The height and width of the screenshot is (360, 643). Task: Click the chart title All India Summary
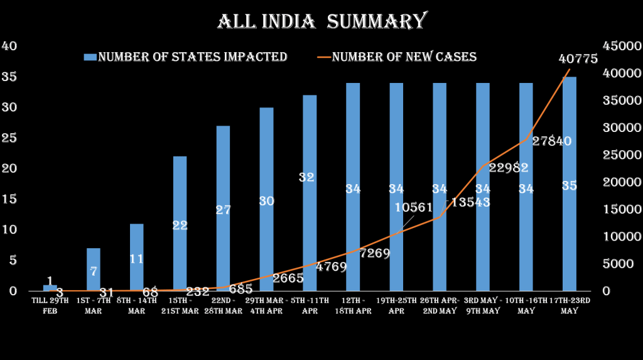(321, 21)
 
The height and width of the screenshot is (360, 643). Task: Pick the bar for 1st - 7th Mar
(93, 270)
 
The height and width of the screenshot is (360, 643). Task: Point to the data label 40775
(578, 59)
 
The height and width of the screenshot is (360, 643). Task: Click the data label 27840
(551, 141)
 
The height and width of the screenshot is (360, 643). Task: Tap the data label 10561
(414, 207)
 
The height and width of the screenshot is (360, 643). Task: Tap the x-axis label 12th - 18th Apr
(352, 305)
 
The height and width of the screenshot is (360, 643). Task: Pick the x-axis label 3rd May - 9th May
(482, 305)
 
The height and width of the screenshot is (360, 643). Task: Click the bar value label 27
(224, 210)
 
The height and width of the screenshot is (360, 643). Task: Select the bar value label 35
(570, 186)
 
